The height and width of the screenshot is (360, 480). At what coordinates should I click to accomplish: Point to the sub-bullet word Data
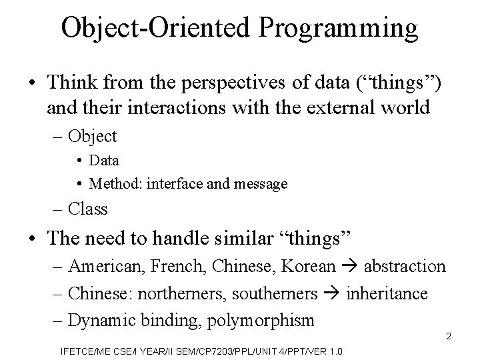(x=104, y=161)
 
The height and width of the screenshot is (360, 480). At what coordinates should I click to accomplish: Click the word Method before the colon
(x=111, y=183)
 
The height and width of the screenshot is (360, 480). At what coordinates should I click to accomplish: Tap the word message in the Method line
(x=263, y=183)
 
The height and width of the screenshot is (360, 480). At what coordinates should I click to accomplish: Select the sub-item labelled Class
(x=88, y=209)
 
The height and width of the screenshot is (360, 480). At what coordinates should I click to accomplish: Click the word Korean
(x=309, y=267)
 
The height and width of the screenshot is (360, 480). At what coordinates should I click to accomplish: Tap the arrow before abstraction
(x=349, y=267)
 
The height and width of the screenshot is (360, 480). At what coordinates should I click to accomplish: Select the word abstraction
(x=403, y=267)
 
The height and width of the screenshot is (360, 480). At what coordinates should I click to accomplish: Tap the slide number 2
(x=449, y=336)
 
